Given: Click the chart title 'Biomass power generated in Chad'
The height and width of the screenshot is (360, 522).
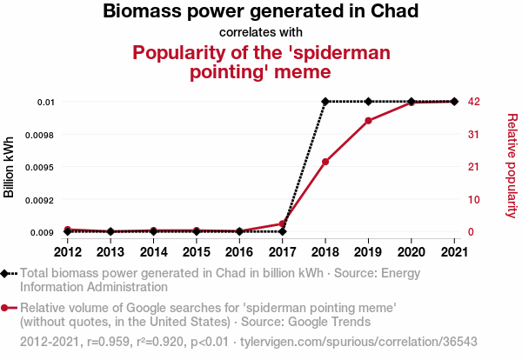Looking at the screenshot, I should click(261, 12).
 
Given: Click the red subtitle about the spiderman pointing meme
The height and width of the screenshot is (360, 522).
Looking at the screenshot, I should click(261, 62).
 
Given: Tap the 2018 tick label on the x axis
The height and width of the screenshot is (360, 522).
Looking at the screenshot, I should click(325, 252).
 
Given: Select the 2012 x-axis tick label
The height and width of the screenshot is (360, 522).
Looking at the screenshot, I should click(68, 252).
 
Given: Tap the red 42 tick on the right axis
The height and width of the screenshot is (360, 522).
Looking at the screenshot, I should click(474, 102).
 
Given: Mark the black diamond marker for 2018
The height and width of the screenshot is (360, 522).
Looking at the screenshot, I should click(325, 102).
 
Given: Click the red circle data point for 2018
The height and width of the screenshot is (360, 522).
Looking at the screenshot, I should click(325, 162).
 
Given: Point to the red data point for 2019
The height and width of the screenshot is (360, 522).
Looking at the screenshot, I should click(368, 120).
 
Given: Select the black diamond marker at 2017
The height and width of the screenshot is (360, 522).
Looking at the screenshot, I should click(283, 232).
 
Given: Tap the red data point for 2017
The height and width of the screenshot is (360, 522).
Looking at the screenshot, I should click(283, 223).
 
